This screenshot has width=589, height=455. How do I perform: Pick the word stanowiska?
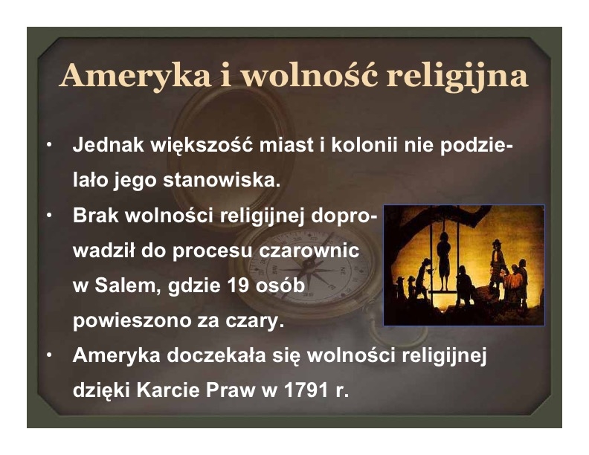[222, 180]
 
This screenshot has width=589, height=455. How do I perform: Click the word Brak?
[95, 215]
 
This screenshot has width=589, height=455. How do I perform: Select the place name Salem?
[125, 285]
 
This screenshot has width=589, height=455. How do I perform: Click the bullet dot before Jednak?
[49, 145]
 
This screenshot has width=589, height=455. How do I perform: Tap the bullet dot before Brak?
[49, 216]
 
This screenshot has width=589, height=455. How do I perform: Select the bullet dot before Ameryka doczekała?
[49, 356]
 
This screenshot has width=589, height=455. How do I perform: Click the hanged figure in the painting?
[444, 259]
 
